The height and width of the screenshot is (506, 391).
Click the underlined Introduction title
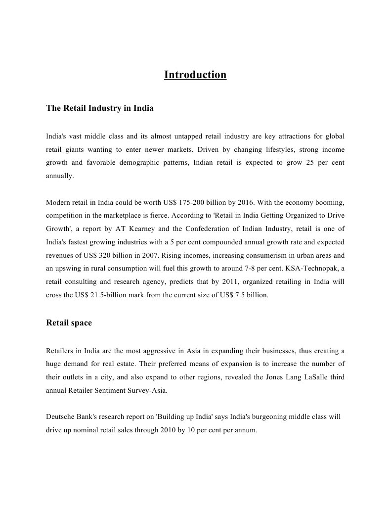point(195,75)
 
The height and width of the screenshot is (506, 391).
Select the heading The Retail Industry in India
point(100,108)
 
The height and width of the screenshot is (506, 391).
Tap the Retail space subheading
point(69,323)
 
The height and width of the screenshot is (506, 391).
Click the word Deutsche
point(60,417)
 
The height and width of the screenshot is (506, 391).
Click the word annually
point(59,176)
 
